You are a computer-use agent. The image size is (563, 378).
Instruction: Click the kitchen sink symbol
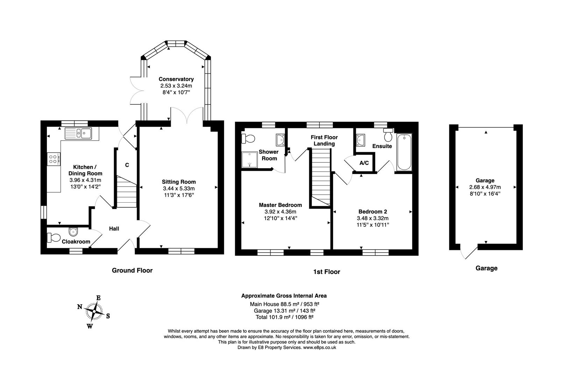pyautogui.click(x=78, y=133)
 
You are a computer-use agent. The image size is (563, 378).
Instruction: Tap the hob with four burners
pyautogui.click(x=54, y=160)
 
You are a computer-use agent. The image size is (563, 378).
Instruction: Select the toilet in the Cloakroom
pyautogui.click(x=54, y=238)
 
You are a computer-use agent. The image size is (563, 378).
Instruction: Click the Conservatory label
pyautogui.click(x=176, y=79)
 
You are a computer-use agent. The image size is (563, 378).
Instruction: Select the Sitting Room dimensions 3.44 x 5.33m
pyautogui.click(x=178, y=188)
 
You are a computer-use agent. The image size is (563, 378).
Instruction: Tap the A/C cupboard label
pyautogui.click(x=364, y=163)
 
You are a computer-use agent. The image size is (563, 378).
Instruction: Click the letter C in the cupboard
pyautogui.click(x=127, y=165)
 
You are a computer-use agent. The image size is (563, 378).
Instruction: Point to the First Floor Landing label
pyautogui.click(x=324, y=140)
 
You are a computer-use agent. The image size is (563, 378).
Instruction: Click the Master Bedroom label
pyautogui.click(x=280, y=205)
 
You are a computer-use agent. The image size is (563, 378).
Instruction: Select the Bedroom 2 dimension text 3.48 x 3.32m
pyautogui.click(x=373, y=218)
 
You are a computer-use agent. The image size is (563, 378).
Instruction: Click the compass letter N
pyautogui.click(x=80, y=307)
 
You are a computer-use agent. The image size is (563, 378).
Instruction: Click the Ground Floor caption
pyautogui.click(x=132, y=270)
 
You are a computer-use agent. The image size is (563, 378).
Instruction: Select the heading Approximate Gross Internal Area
pyautogui.click(x=284, y=296)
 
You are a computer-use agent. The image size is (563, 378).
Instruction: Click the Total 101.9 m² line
pyautogui.click(x=284, y=317)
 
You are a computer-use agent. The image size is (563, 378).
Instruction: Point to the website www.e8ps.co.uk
pyautogui.click(x=319, y=348)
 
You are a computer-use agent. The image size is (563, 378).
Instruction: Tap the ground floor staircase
pyautogui.click(x=126, y=192)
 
